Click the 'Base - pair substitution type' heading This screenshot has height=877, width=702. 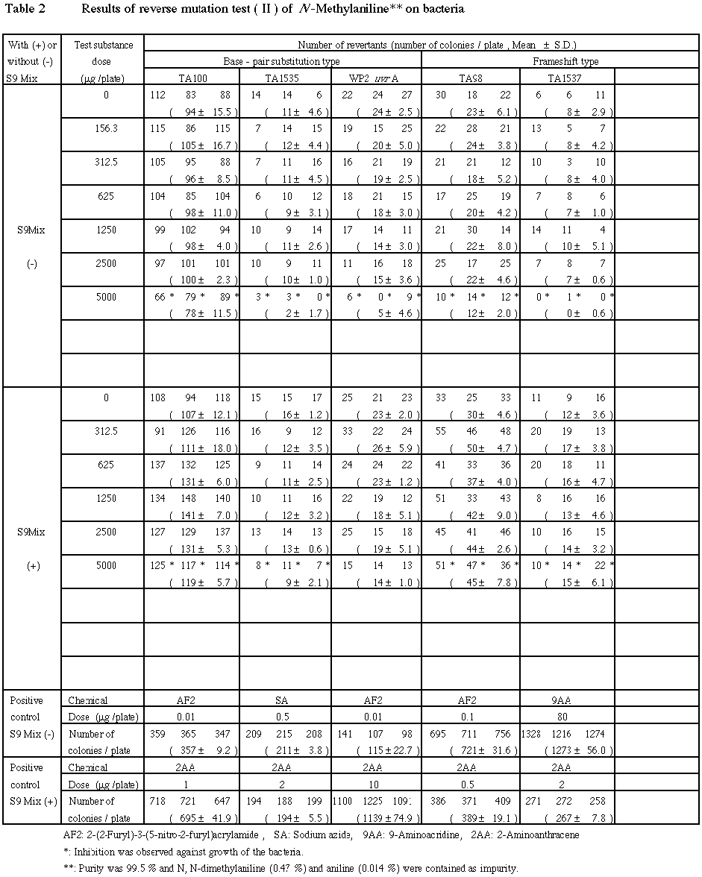[x=282, y=61]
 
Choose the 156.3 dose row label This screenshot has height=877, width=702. [x=106, y=128]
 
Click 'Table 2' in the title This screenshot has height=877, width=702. [x=25, y=10]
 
